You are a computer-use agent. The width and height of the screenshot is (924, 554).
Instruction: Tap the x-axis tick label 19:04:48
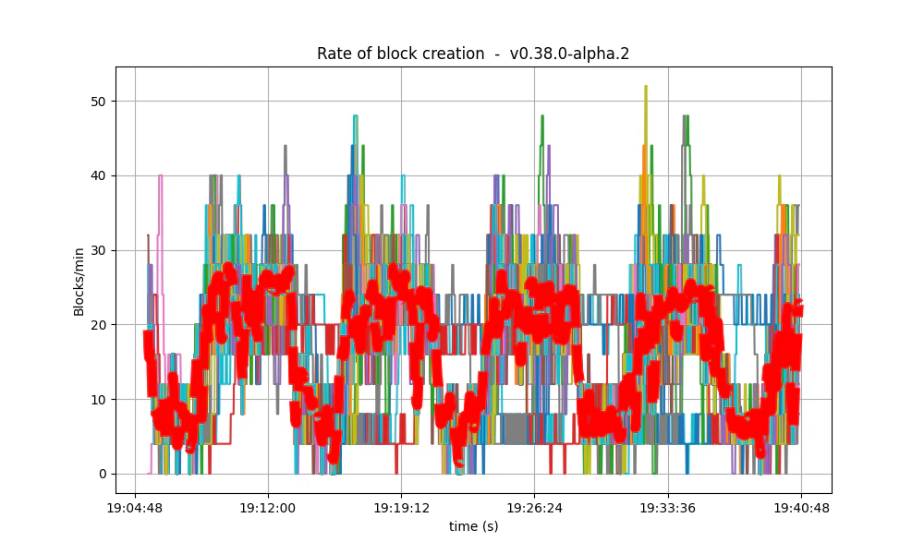136,508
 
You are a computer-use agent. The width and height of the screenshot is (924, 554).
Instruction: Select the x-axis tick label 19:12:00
268,508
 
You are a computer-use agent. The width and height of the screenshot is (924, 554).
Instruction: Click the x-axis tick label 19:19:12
401,508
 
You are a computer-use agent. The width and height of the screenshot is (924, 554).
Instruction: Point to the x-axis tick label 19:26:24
535,508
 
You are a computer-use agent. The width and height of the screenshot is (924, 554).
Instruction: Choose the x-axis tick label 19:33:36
668,508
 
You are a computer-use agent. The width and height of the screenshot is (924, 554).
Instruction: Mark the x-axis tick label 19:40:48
801,508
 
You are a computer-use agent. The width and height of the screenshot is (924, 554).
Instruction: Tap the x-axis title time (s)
473,525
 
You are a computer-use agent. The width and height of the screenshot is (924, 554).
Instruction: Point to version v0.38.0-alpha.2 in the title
570,54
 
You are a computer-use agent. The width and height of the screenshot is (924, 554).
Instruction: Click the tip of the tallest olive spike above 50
645,86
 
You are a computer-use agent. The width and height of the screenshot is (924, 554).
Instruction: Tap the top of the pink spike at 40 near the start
160,175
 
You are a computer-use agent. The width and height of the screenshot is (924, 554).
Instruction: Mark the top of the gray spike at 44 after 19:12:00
286,146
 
